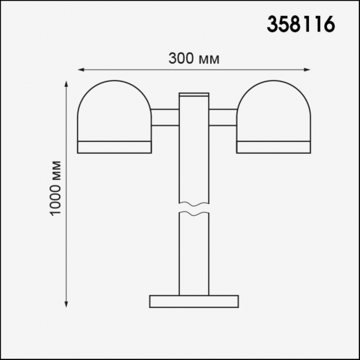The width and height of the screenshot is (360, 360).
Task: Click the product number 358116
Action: pos(301,24)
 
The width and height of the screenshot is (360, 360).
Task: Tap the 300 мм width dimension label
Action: pos(194,58)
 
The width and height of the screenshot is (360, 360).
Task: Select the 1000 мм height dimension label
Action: pos(56,188)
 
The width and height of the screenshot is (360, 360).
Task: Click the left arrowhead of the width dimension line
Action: pos(81,69)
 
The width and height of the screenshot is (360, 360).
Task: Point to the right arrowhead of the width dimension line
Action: pos(307,69)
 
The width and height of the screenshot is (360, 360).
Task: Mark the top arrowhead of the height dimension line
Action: pos(66,84)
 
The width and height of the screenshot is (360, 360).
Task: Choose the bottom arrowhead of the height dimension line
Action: pos(66,304)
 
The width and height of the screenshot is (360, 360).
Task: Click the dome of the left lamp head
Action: pos(114,81)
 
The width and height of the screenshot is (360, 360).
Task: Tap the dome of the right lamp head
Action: pos(274,81)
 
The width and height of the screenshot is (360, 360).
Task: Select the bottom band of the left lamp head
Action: pos(114,147)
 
